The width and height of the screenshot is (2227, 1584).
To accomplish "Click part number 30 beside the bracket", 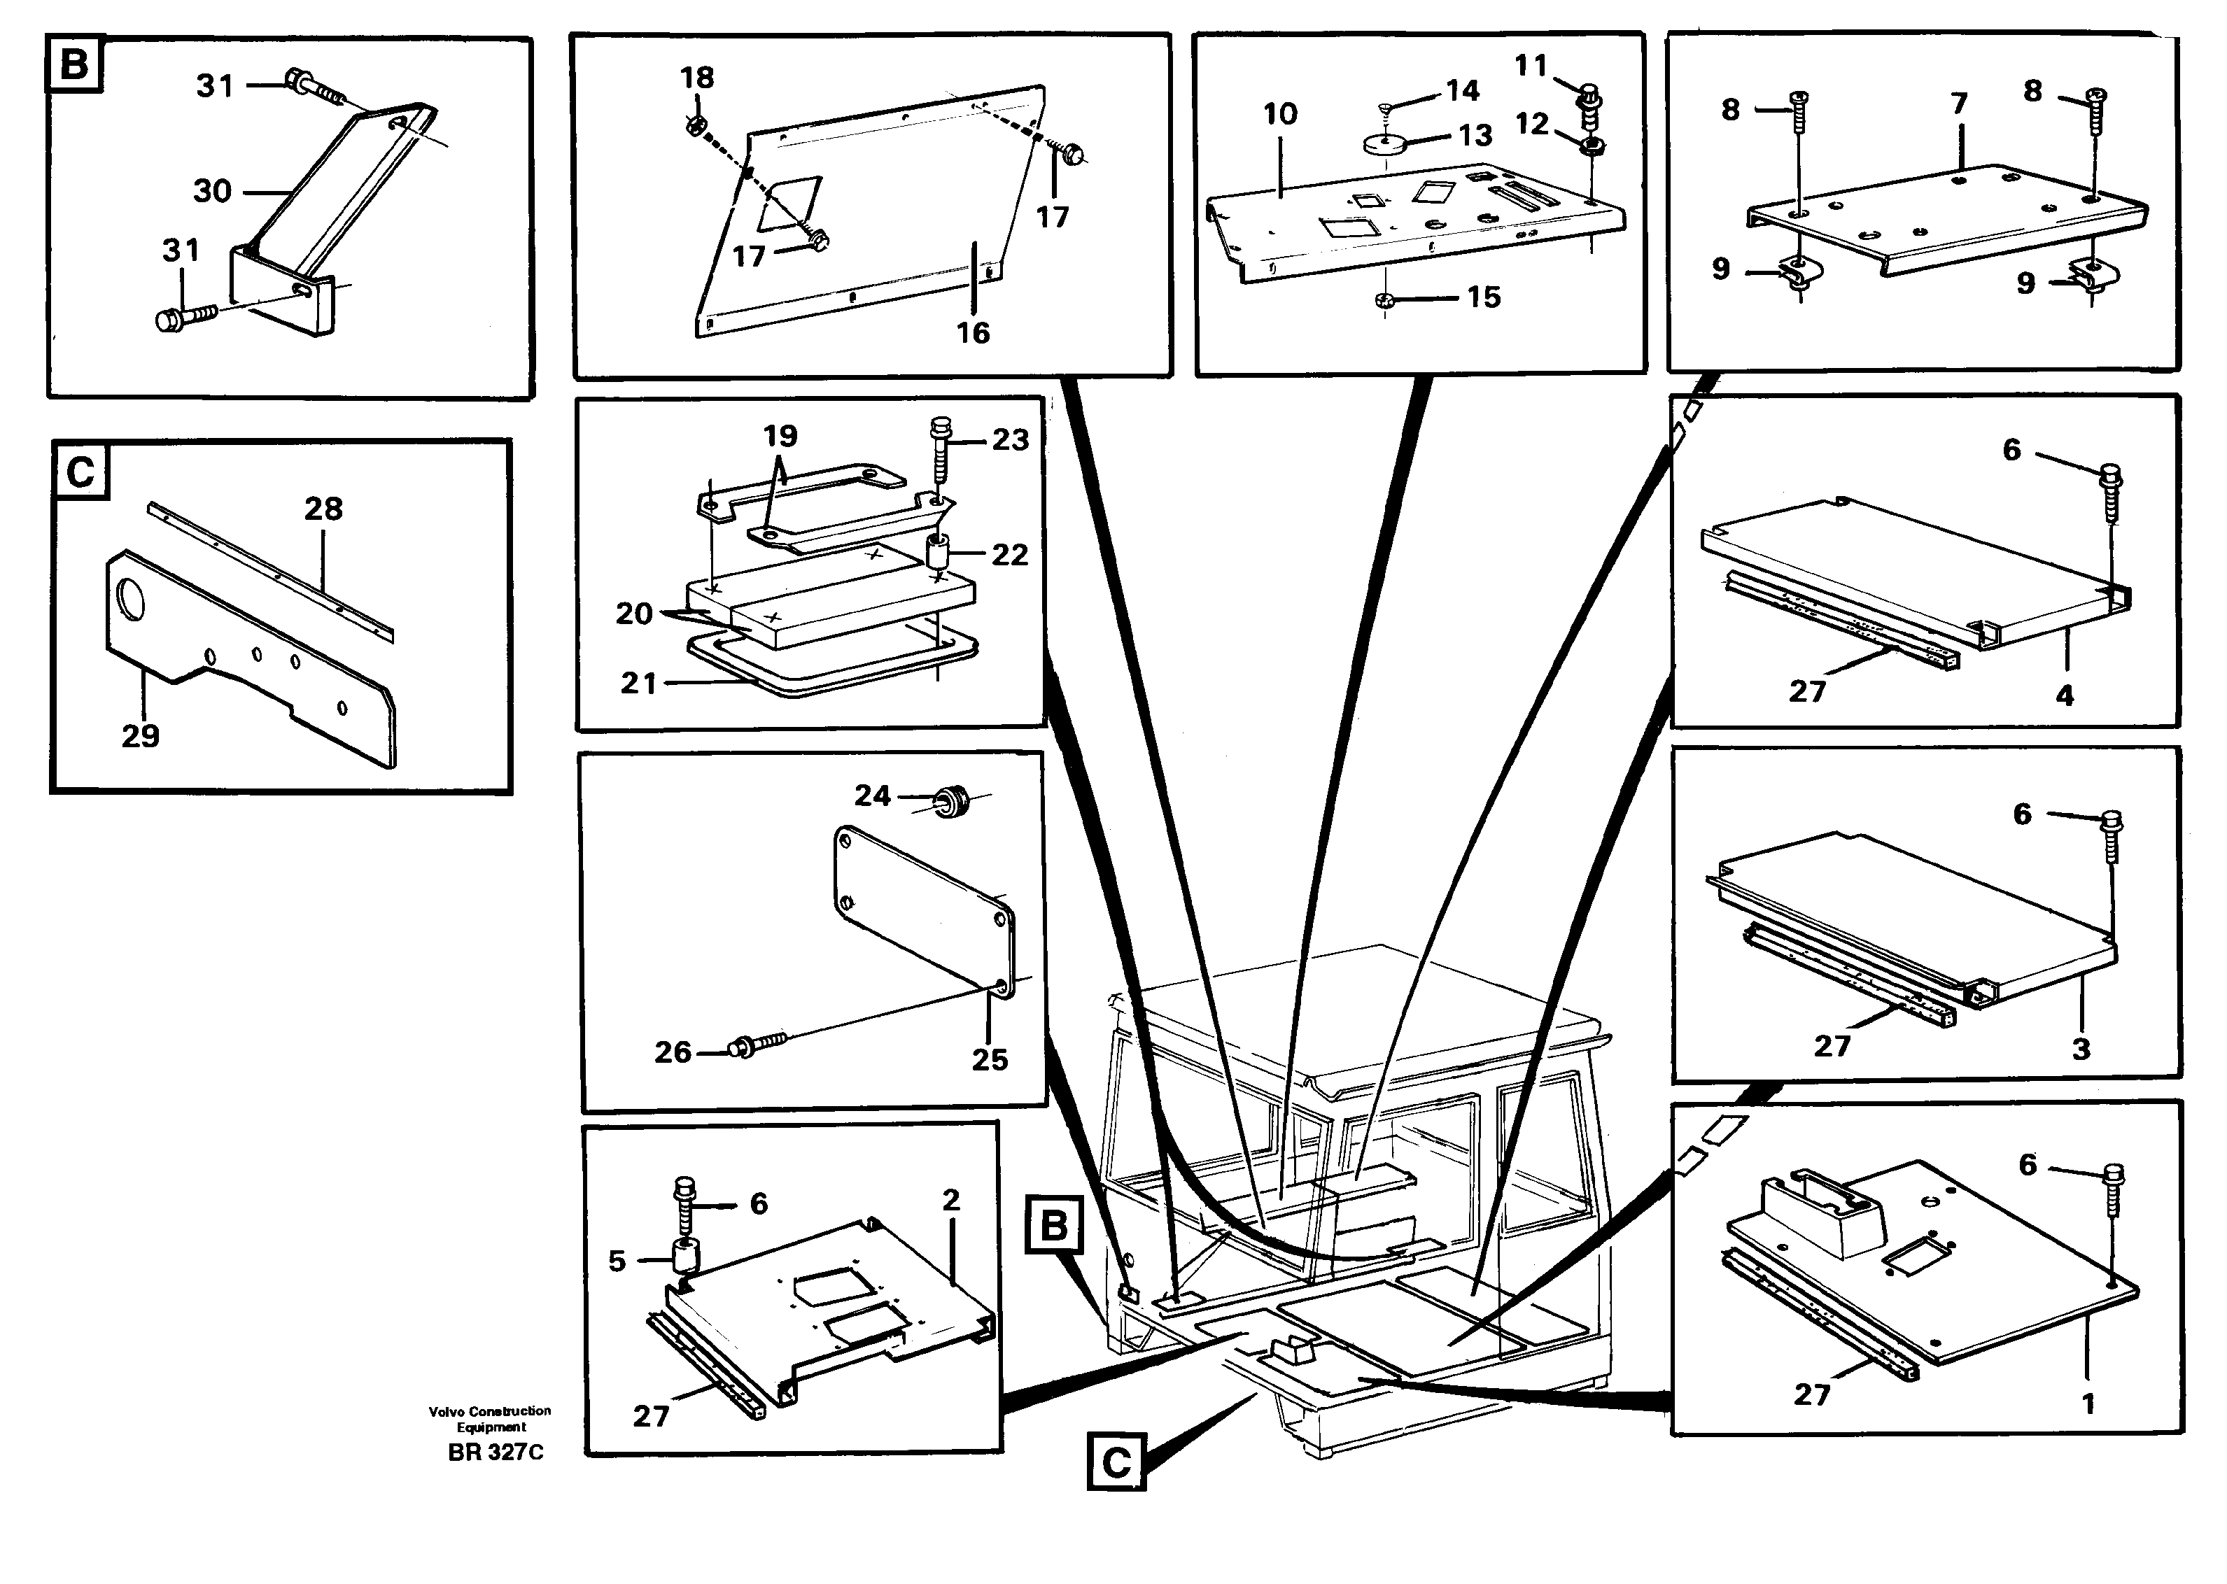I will [x=211, y=190].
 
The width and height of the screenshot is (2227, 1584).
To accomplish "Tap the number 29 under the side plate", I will [x=141, y=735].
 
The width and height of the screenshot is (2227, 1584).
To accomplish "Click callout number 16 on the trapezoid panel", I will [x=973, y=334].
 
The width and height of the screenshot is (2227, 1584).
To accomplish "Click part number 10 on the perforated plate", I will [x=1280, y=114].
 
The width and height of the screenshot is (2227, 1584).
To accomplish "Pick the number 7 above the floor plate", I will [x=1960, y=104].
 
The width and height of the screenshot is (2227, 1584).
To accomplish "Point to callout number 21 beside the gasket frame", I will [x=638, y=683].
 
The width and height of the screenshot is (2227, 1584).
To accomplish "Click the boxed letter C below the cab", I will [x=1116, y=1461].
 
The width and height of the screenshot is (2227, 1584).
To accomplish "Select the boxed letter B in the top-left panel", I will [x=74, y=64].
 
